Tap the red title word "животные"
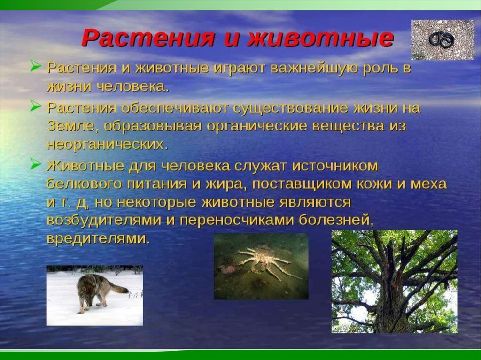320,38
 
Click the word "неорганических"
108,145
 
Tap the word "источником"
334,166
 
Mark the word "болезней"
336,221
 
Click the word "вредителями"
98,239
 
